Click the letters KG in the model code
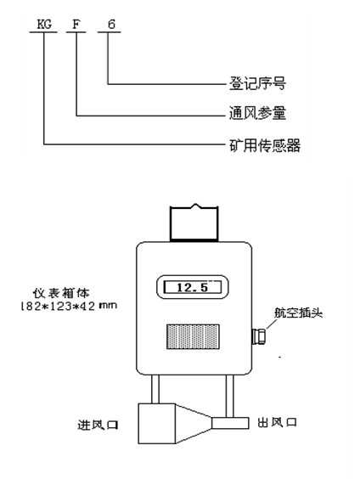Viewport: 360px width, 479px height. pyautogui.click(x=44, y=25)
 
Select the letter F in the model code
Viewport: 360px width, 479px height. pyautogui.click(x=76, y=25)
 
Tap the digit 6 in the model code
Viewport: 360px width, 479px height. pyautogui.click(x=111, y=24)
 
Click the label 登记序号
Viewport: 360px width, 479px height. pyautogui.click(x=257, y=83)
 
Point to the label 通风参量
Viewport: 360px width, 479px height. pyautogui.click(x=257, y=113)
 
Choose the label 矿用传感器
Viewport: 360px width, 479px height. pyautogui.click(x=264, y=145)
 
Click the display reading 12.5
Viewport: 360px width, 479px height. pyautogui.click(x=193, y=287)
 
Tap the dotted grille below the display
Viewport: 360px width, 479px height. pyautogui.click(x=193, y=336)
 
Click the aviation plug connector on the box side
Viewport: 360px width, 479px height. pyautogui.click(x=258, y=336)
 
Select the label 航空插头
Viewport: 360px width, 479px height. pyautogui.click(x=298, y=313)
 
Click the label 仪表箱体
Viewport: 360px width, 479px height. pyautogui.click(x=61, y=293)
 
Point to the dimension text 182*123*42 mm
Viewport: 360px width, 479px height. pyautogui.click(x=69, y=306)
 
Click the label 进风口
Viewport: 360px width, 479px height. pyautogui.click(x=98, y=425)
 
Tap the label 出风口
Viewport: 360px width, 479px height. pyautogui.click(x=277, y=422)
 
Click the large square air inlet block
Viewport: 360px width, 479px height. pyautogui.click(x=156, y=424)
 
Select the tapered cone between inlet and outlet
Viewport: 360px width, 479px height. pyautogui.click(x=194, y=424)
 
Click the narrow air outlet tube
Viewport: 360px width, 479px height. pyautogui.click(x=231, y=424)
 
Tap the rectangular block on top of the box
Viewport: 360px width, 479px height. pyautogui.click(x=194, y=223)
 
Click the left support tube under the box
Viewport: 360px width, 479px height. pyautogui.click(x=155, y=389)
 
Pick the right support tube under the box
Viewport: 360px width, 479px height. pyautogui.click(x=229, y=396)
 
